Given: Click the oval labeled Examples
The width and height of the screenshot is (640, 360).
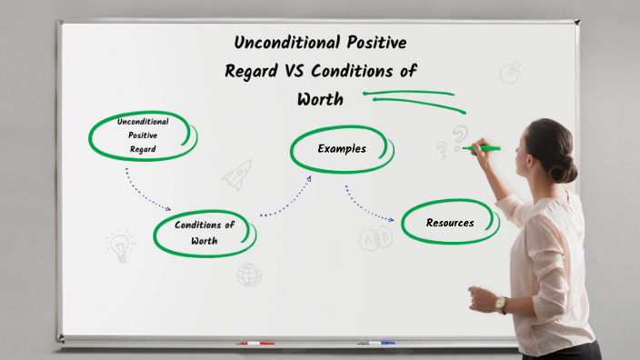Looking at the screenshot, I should tap(342, 149).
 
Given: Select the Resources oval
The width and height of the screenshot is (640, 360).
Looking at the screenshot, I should tap(450, 223).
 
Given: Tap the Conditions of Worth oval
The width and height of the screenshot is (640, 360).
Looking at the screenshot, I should tap(205, 234).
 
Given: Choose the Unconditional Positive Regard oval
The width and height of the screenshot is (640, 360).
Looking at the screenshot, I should tap(143, 135).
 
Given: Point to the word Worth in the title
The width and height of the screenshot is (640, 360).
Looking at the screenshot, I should tap(320, 99).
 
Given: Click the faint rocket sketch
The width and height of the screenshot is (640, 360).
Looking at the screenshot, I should tap(238, 174).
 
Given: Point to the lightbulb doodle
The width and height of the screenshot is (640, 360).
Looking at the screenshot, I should tap(118, 244).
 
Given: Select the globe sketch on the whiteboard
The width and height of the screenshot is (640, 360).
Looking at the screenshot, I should tap(249, 275).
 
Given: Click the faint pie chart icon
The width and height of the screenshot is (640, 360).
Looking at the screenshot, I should tap(510, 71).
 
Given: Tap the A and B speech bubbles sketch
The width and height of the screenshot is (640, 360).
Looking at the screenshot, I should tap(375, 239).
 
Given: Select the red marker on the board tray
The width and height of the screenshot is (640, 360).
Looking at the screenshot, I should tap(255, 344).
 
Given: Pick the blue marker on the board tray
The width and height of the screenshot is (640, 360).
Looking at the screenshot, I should tap(376, 343).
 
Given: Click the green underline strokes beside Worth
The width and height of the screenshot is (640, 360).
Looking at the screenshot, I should tap(409, 95).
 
